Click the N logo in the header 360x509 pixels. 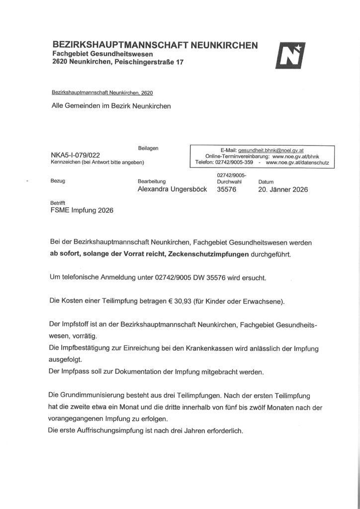pos(290,56)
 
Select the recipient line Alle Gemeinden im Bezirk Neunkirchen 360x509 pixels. pos(111,106)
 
